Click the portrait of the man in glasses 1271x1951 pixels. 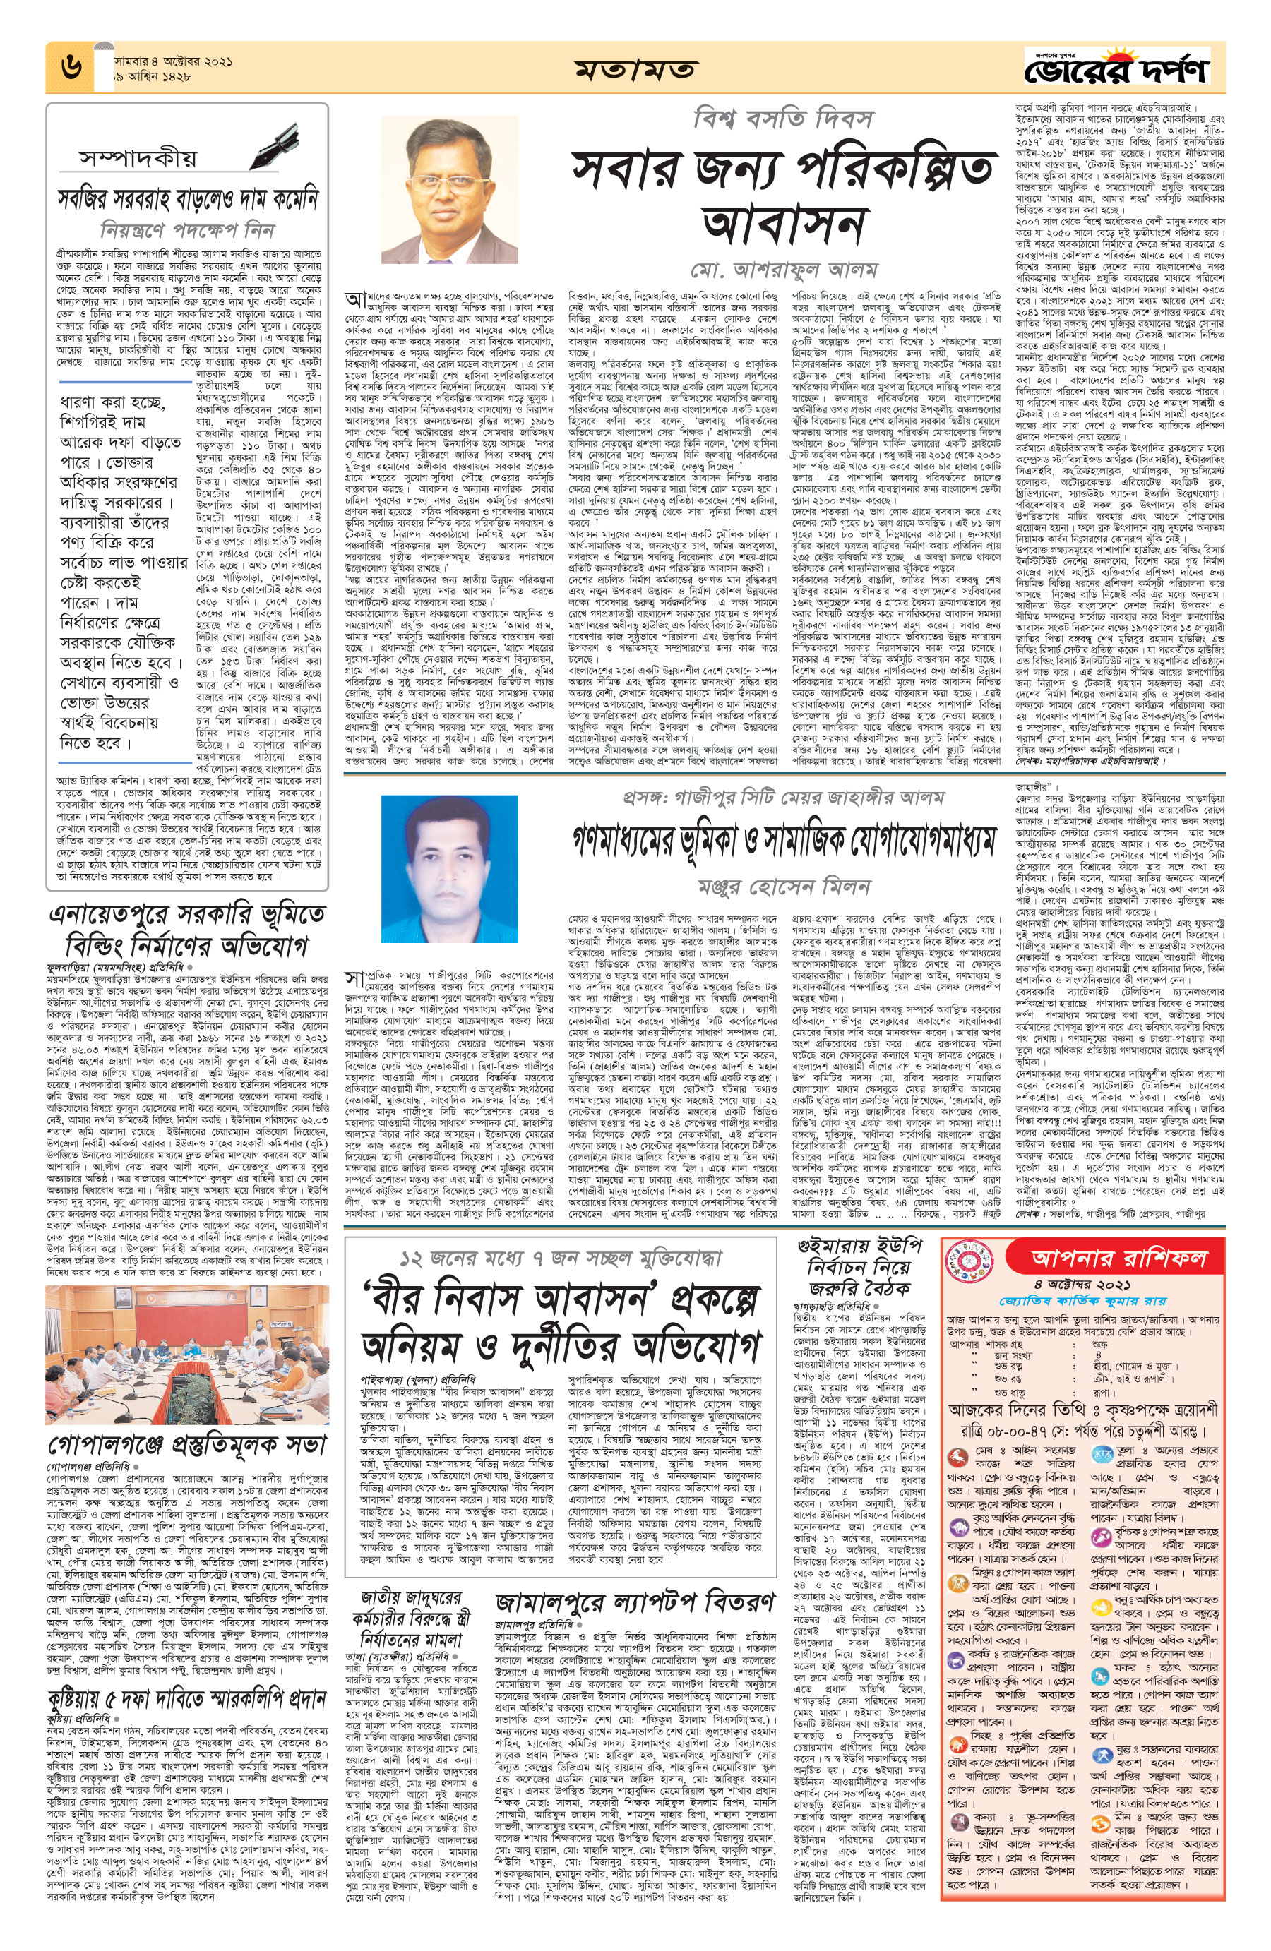pos(448,189)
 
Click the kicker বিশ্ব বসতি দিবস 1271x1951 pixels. pos(782,120)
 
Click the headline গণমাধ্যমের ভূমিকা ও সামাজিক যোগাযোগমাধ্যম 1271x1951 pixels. pos(783,839)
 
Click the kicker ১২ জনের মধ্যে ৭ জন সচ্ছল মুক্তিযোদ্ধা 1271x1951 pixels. pos(560,1259)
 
